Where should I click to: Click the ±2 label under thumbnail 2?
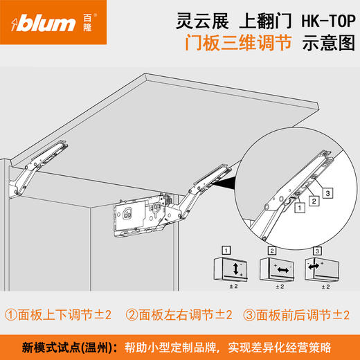click(280, 285)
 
